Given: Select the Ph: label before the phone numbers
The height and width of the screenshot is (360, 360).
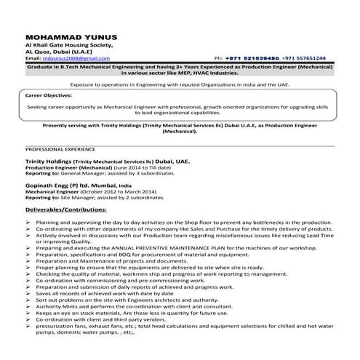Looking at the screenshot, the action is [x=219, y=57].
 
